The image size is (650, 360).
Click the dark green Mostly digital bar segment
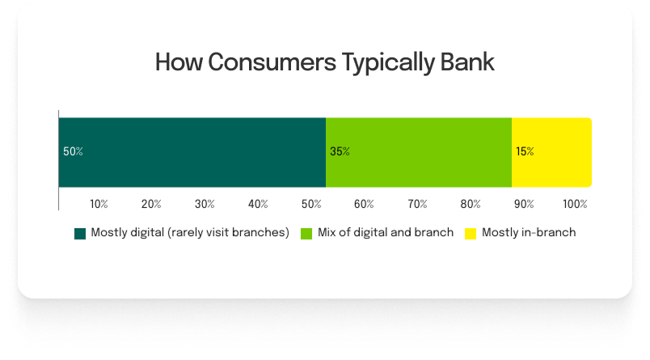[192, 152]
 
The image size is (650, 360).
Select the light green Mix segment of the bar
[419, 152]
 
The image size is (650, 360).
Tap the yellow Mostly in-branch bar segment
[551, 152]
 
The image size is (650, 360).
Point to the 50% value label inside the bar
[73, 152]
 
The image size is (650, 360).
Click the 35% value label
[340, 152]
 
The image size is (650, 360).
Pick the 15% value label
[525, 152]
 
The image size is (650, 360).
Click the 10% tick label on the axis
[99, 204]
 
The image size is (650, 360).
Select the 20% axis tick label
[151, 204]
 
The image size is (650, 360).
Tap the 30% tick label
[205, 204]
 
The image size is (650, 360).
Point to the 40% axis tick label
[258, 204]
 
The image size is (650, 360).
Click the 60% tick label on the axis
[364, 204]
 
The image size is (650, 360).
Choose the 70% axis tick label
[417, 204]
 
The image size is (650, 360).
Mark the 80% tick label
[471, 204]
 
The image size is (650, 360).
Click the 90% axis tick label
[524, 204]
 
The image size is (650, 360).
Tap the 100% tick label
[575, 204]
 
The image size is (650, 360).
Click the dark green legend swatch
[80, 234]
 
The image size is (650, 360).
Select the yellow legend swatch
[471, 234]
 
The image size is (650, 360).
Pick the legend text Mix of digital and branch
[386, 232]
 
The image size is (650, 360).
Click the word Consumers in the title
[272, 62]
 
